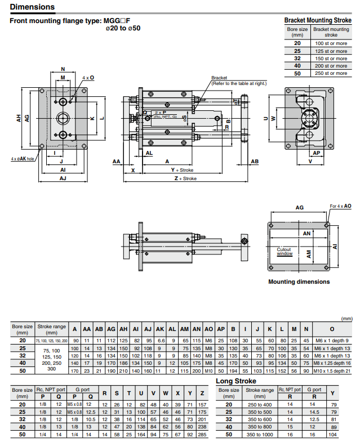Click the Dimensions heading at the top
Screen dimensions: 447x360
click(x=33, y=7)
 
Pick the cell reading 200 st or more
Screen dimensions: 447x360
click(x=331, y=66)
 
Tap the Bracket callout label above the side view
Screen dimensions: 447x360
click(x=219, y=78)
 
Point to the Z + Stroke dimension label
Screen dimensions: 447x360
click(x=185, y=178)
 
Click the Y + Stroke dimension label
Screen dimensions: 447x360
click(x=182, y=169)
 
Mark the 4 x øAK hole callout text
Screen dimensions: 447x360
click(x=23, y=159)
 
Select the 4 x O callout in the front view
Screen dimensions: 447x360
click(x=88, y=77)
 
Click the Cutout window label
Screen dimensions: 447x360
click(x=285, y=251)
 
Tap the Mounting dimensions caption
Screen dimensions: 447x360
click(x=299, y=281)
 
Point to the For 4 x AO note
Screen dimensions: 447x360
click(x=340, y=207)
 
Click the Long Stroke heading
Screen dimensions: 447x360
click(x=236, y=381)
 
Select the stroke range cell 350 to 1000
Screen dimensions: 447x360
click(x=260, y=435)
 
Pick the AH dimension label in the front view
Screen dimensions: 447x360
click(x=19, y=118)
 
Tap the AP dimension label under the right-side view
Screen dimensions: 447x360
click(x=316, y=153)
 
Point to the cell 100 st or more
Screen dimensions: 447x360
click(x=331, y=43)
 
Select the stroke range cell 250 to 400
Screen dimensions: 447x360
click(x=260, y=404)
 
